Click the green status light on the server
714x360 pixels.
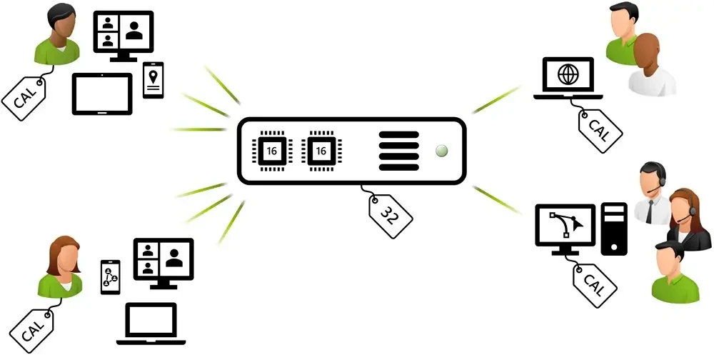[x=441, y=151]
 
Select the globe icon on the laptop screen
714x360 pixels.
[x=568, y=74]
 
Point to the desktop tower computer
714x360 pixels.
[x=614, y=229]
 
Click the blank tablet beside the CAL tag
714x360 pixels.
[x=102, y=94]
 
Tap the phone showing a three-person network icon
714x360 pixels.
[x=110, y=277]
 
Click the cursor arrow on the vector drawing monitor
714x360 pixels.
[x=577, y=224]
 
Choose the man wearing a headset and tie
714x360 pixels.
[x=652, y=193]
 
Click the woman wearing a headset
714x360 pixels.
[x=685, y=219]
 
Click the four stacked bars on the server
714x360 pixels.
[x=398, y=151]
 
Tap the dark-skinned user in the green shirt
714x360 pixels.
[x=57, y=34]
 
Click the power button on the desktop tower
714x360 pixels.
[x=614, y=247]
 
